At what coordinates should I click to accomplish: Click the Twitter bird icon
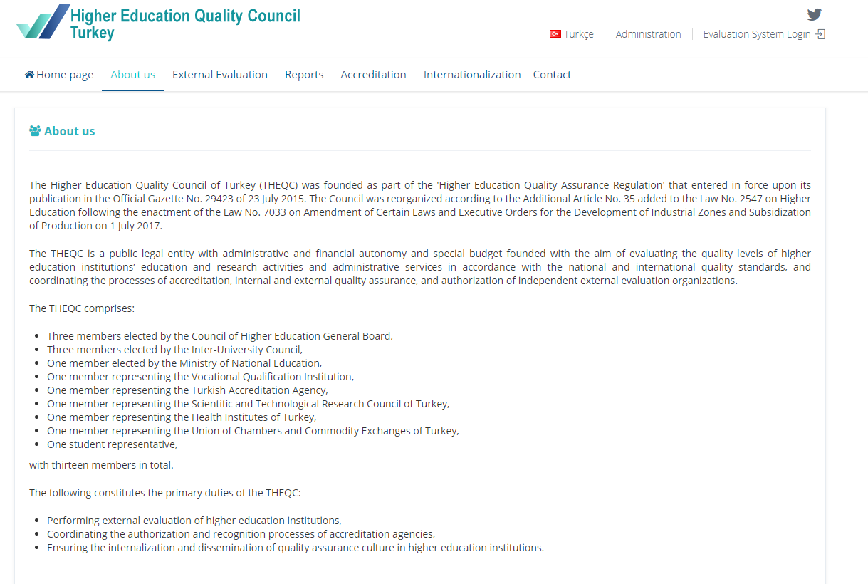pos(815,14)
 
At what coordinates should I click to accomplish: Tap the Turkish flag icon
pos(555,34)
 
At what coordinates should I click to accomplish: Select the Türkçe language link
pos(578,34)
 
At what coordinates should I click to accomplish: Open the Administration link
pos(648,34)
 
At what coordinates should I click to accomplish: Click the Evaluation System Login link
pos(757,34)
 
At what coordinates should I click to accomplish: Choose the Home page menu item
pos(59,75)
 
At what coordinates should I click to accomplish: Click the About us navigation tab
pos(132,75)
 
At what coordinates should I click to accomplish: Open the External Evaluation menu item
pos(220,75)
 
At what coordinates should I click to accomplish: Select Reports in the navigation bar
pos(304,75)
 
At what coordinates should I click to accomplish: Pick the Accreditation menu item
pos(373,75)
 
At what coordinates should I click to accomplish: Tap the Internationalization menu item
pos(472,75)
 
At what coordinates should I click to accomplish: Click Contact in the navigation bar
pos(552,75)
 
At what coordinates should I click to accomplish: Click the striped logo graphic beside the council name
pos(43,22)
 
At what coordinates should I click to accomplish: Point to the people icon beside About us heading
pos(35,131)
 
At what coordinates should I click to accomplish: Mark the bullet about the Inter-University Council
pos(174,350)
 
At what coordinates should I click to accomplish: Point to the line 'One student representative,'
pos(112,444)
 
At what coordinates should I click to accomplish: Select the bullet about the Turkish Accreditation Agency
pos(187,390)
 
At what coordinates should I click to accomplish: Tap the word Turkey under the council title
pos(93,33)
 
